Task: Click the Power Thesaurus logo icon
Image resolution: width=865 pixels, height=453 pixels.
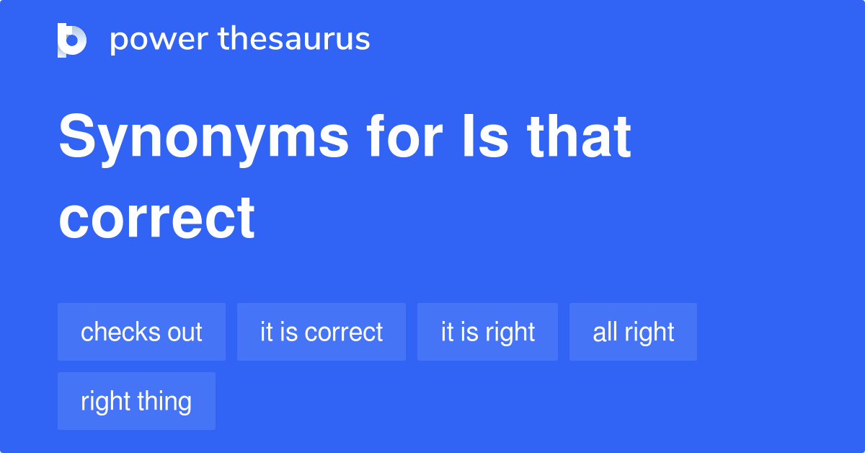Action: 72,40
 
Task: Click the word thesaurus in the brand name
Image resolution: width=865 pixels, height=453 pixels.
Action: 294,38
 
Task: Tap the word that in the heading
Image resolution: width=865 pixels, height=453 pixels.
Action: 579,136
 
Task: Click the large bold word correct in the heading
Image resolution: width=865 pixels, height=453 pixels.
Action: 157,218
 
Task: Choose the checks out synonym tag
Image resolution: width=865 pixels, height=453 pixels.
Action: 142,332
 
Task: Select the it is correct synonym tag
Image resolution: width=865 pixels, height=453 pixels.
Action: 321,332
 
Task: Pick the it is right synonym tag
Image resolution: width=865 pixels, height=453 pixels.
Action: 487,332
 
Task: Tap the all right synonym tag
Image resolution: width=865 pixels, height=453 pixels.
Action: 634,332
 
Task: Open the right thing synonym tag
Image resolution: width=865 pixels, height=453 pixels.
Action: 136,401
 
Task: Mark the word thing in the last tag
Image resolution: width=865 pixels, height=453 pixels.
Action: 164,402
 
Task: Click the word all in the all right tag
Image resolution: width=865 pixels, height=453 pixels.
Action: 604,332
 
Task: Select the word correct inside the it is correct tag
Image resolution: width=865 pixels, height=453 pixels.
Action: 344,333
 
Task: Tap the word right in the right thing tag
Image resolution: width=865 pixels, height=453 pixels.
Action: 105,402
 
